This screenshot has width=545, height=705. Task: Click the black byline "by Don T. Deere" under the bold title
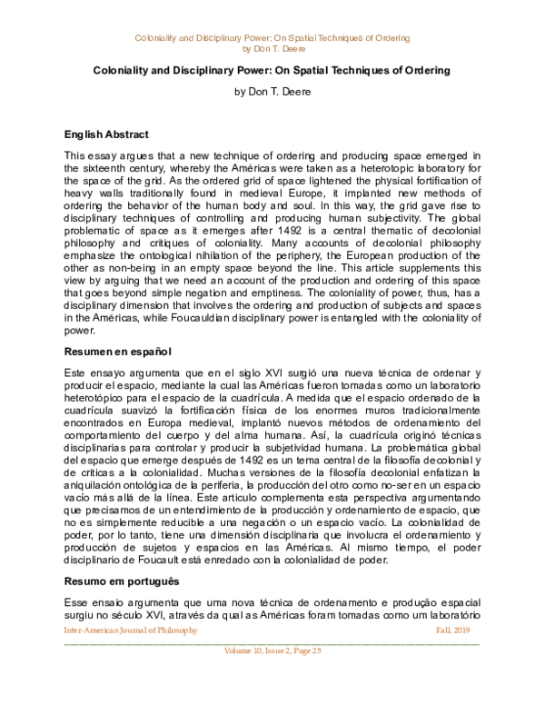click(x=272, y=92)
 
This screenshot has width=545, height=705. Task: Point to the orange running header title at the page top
click(x=272, y=37)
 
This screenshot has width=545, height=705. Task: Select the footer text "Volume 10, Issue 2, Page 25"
click(x=272, y=650)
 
